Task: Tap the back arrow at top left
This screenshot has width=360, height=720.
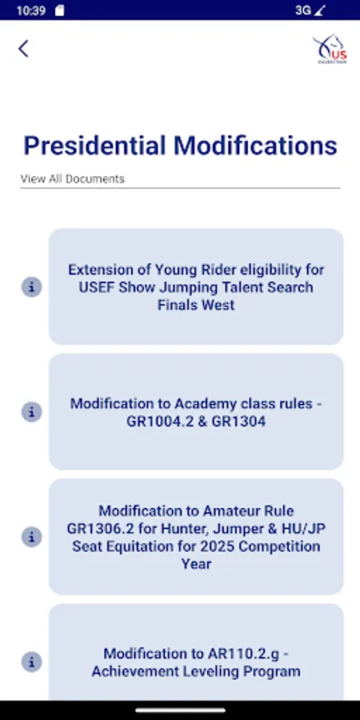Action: (x=23, y=48)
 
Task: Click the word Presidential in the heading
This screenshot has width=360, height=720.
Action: (x=95, y=146)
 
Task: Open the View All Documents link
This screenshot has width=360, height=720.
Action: (x=73, y=178)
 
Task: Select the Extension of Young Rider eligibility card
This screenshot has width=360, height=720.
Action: (x=196, y=287)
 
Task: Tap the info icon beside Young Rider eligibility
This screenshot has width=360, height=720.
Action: (x=31, y=287)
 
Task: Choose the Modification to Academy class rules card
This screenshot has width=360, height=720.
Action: (x=196, y=412)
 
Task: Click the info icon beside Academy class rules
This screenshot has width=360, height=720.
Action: (x=31, y=412)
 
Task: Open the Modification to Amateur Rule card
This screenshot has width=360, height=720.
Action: (x=196, y=537)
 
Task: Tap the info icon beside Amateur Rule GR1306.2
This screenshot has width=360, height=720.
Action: (x=31, y=537)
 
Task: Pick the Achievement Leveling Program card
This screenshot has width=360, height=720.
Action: (x=196, y=662)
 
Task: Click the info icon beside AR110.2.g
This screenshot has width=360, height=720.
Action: (x=31, y=662)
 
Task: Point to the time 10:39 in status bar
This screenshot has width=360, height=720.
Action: (x=30, y=10)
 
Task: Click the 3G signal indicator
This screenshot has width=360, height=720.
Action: (x=303, y=10)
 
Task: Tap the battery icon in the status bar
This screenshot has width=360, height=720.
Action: (x=343, y=10)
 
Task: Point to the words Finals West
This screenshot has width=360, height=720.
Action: (x=196, y=305)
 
